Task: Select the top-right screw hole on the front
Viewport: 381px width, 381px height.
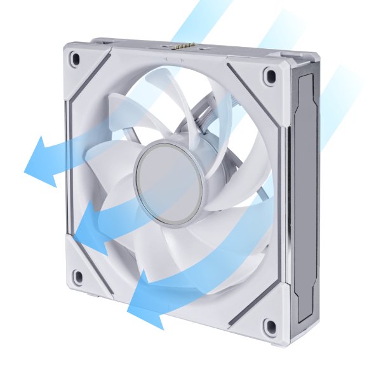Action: tap(271, 75)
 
